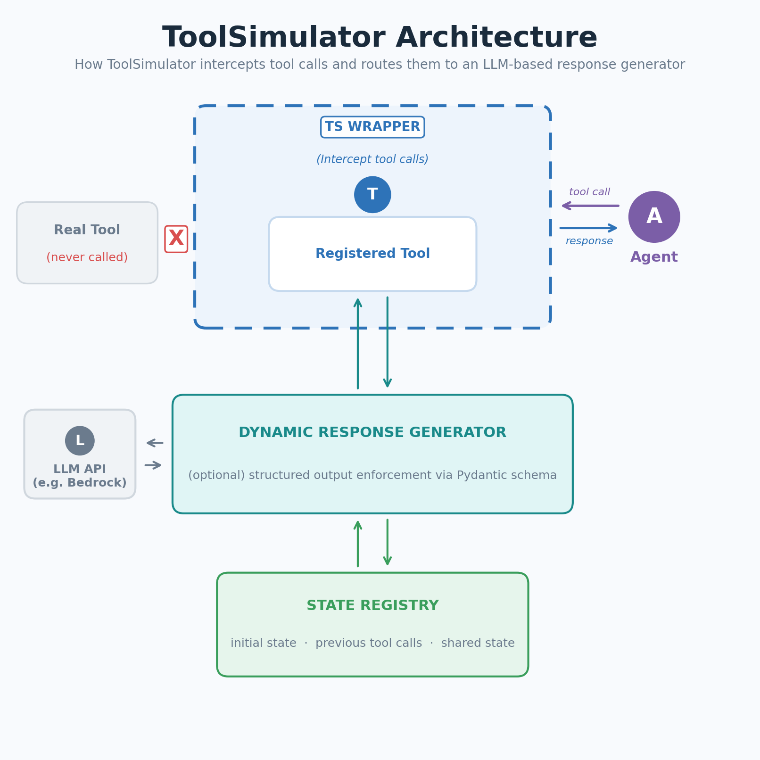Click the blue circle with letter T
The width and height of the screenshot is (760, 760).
click(372, 195)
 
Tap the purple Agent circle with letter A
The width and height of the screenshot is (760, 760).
click(654, 217)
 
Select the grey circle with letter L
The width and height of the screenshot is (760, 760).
click(80, 441)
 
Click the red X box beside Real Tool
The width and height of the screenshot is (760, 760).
click(176, 239)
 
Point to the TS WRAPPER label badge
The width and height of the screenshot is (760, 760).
click(372, 127)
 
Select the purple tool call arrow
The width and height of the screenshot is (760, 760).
click(590, 206)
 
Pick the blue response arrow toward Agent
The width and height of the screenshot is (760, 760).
click(588, 228)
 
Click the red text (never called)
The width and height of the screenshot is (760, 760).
click(87, 257)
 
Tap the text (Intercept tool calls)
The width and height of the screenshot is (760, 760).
click(372, 159)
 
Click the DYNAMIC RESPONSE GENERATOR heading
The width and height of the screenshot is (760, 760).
click(372, 433)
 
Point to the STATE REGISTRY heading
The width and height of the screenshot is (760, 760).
click(372, 606)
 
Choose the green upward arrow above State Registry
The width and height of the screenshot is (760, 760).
click(358, 544)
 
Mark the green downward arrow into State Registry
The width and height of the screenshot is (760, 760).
click(388, 542)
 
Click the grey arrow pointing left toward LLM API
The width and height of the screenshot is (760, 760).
click(155, 443)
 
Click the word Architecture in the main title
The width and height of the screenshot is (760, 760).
click(496, 38)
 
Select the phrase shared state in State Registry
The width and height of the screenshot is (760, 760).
click(478, 643)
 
